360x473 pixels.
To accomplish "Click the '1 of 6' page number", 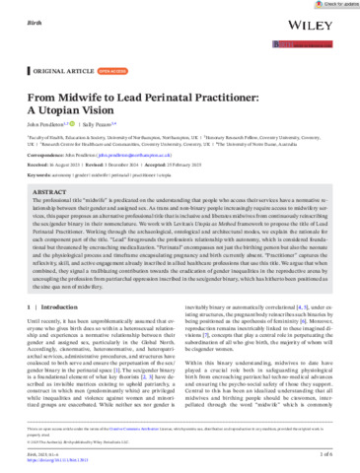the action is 336,456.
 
